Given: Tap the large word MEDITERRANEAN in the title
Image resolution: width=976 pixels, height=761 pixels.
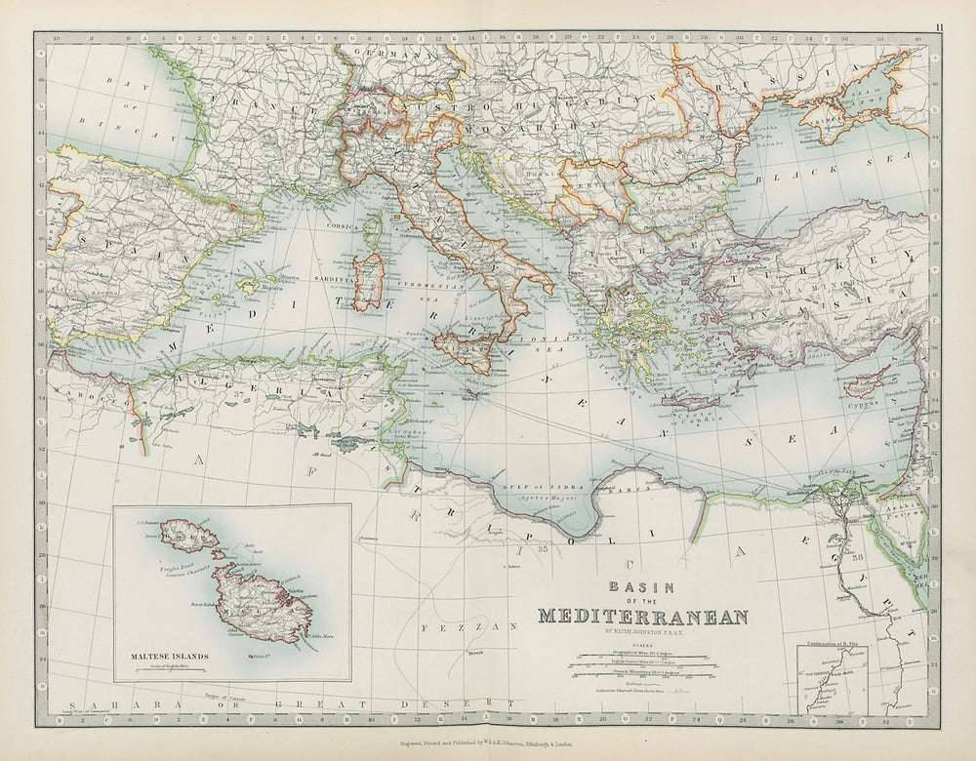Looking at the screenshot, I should point(643,616).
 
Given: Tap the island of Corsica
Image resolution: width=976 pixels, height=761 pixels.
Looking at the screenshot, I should point(373,230).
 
